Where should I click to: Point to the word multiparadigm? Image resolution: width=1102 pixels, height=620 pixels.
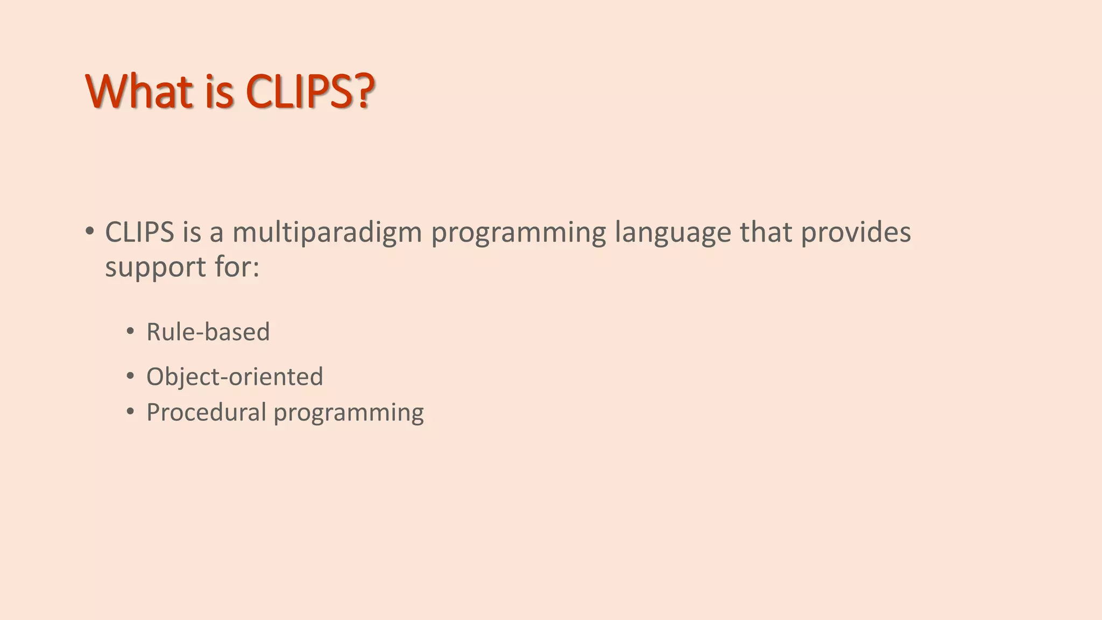[x=327, y=233]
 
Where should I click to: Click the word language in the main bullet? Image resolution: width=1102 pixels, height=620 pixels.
[x=673, y=233]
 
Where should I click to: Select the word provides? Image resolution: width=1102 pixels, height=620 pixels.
[x=856, y=233]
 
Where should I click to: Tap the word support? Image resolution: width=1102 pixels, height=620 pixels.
[x=156, y=267]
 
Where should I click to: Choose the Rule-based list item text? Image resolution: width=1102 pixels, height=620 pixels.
[x=208, y=332]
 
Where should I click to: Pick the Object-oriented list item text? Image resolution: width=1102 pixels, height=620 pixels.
[x=235, y=376]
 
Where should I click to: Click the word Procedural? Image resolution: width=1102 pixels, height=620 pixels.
[x=206, y=412]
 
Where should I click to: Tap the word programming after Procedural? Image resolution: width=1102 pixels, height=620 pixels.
[x=349, y=413]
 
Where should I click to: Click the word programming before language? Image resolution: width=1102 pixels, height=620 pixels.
[x=518, y=233]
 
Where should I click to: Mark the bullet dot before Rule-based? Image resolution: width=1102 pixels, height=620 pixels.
[x=130, y=332]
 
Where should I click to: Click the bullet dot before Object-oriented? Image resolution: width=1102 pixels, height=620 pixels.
[x=130, y=376]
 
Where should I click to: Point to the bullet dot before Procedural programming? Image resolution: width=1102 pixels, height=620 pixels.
[x=130, y=412]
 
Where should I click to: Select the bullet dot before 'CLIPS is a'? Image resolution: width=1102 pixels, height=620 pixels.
[x=89, y=232]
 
